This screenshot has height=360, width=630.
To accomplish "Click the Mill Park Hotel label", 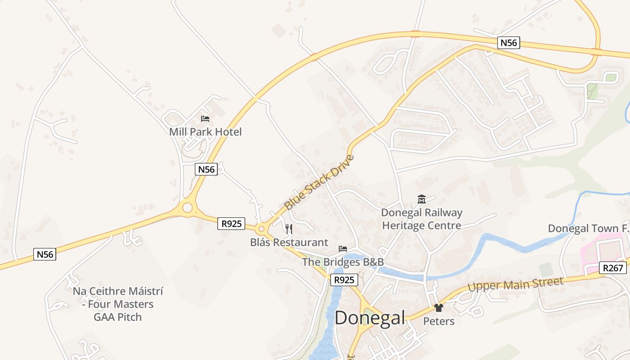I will click(205, 132).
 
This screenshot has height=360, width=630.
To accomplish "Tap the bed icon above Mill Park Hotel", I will click(205, 119).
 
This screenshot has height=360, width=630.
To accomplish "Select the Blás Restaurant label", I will click(289, 242).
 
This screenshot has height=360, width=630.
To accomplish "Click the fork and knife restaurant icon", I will click(289, 229).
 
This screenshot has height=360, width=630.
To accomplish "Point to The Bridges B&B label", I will click(342, 262).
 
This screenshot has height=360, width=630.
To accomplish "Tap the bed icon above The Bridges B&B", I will click(343, 249).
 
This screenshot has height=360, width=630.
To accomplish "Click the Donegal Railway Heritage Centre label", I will click(422, 219).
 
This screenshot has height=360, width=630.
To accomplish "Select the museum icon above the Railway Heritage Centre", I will click(422, 199).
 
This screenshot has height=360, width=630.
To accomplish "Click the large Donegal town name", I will click(370, 318).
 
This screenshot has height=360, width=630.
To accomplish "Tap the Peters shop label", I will click(439, 321).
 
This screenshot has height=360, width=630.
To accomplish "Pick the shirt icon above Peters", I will click(439, 308).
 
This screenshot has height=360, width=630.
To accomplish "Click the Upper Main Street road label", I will click(515, 284).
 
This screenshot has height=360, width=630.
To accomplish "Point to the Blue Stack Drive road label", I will click(319, 183).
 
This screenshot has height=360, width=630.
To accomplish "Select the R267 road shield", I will click(613, 268).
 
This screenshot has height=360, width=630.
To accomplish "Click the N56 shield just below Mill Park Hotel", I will click(207, 169).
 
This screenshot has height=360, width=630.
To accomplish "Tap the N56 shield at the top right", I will click(509, 43).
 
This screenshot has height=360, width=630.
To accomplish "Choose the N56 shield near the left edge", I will click(45, 254).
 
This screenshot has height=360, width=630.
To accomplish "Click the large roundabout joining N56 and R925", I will click(187, 208).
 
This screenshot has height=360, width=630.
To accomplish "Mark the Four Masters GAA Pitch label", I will click(118, 304).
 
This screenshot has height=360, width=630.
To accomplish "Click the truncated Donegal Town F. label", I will click(588, 229).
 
